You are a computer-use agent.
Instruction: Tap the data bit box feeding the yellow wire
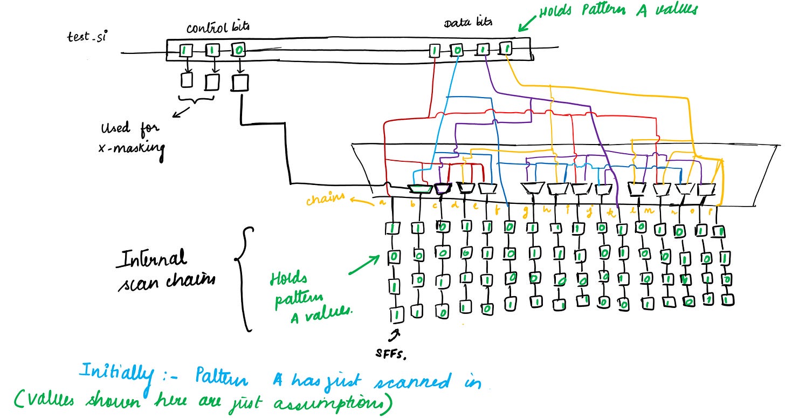[x=505, y=49]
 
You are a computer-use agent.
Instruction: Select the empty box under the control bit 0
[x=239, y=82]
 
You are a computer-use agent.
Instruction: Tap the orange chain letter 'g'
[x=524, y=210]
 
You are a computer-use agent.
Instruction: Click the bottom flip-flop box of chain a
[x=395, y=313]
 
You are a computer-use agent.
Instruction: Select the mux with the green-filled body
[x=420, y=189]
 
